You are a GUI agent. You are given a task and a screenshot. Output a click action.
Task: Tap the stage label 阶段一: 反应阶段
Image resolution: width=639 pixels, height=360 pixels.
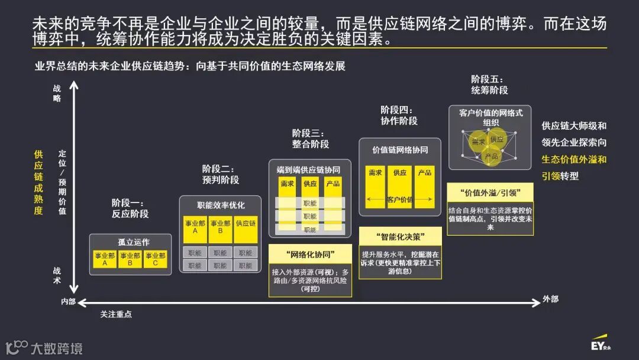coord(130,208)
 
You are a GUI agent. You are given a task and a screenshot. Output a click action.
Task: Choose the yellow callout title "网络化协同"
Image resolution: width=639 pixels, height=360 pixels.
coord(310,255)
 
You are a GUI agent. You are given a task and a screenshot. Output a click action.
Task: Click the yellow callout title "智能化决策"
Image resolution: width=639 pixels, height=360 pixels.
coord(401,237)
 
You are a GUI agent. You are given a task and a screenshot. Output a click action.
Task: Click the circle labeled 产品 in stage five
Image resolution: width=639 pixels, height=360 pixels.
coord(491,156)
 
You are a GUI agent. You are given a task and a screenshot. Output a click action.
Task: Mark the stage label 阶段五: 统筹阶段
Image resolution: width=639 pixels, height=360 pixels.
coord(489,85)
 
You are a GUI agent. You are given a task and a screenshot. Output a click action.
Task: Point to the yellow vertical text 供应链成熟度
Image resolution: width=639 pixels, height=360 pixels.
coord(38,182)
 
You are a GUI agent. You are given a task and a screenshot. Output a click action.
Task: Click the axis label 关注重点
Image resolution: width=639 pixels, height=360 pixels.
coord(116,314)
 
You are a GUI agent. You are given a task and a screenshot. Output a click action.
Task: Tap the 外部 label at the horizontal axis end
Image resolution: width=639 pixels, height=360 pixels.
coord(550,299)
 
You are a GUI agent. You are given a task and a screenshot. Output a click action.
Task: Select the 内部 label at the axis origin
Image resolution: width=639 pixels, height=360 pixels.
coord(69,302)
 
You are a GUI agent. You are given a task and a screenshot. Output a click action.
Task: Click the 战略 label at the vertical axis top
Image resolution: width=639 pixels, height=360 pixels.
coord(57,94)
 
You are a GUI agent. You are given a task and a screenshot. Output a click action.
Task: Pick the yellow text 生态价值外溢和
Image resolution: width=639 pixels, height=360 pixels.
coord(574,159)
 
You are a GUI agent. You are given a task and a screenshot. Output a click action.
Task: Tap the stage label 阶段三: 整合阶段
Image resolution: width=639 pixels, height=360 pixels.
coord(311,139)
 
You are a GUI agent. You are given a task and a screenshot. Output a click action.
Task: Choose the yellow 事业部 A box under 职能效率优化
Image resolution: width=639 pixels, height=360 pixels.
coord(195,229)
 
